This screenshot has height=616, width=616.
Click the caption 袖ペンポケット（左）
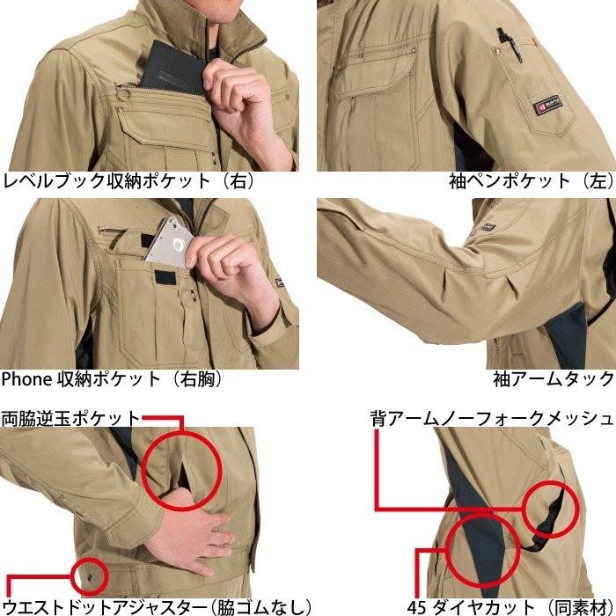(529, 182)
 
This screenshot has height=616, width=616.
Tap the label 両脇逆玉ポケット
(70, 417)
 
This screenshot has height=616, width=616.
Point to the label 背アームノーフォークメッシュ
(491, 417)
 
